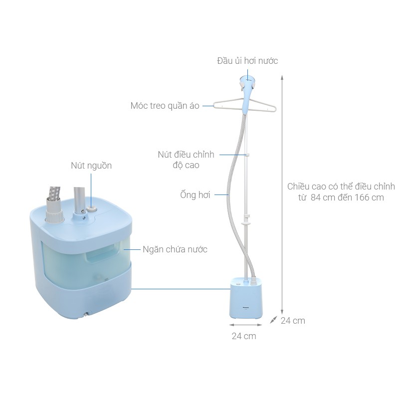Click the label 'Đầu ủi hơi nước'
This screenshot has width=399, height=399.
click(247, 61)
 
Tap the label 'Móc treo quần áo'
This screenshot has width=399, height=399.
click(165, 106)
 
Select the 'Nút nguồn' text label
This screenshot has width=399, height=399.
click(91, 166)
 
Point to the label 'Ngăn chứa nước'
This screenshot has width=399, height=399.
click(175, 249)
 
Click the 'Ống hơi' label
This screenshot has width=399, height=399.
click(195, 195)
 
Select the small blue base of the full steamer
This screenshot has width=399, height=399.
click(245, 299)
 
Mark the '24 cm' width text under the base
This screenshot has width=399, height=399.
click(244, 336)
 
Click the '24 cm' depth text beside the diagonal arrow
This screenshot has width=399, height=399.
click(293, 321)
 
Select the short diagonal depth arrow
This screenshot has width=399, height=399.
click(273, 320)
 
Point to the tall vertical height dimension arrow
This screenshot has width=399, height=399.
click(282, 195)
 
